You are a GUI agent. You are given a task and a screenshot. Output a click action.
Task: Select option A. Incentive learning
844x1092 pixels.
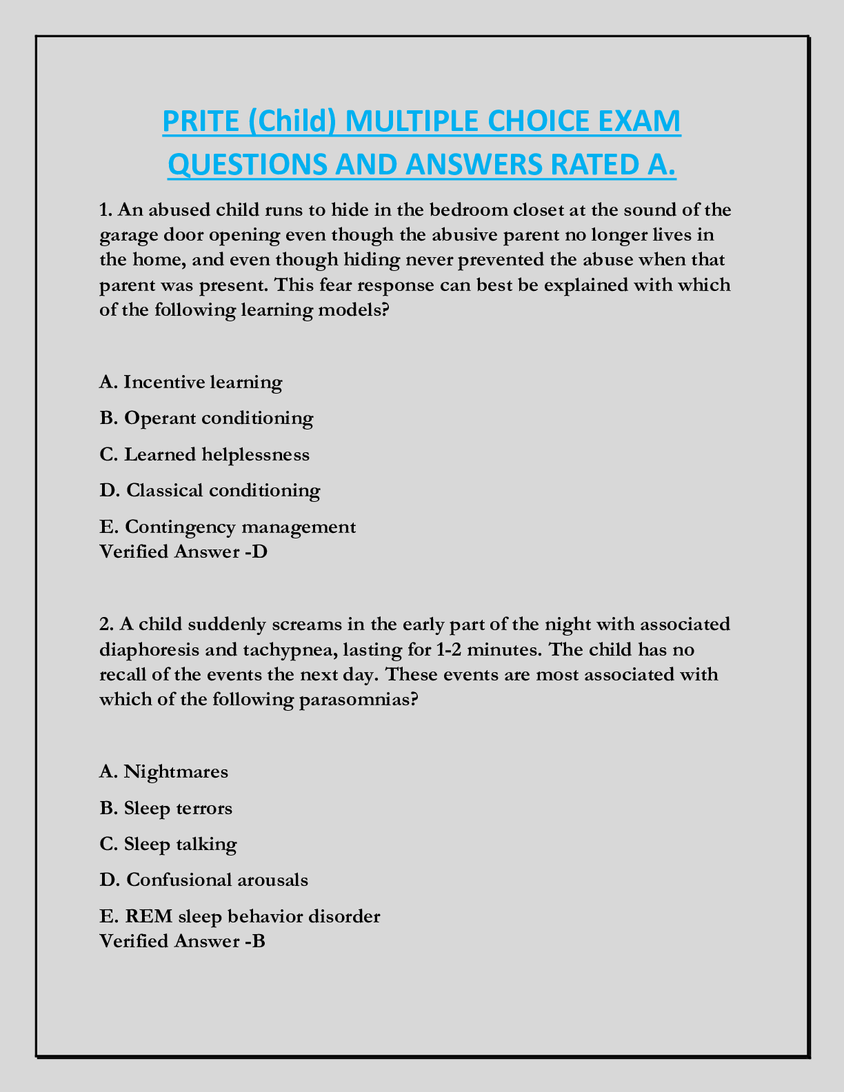click(x=191, y=382)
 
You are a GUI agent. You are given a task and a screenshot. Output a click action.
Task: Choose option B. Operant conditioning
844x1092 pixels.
click(x=206, y=418)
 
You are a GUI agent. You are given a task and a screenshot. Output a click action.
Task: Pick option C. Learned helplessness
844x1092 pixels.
click(x=205, y=454)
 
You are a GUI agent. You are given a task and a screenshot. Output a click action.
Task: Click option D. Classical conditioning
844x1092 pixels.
click(x=210, y=490)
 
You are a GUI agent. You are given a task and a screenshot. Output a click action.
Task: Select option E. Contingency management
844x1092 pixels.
click(x=228, y=527)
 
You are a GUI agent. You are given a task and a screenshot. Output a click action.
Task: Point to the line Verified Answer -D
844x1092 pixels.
click(x=183, y=552)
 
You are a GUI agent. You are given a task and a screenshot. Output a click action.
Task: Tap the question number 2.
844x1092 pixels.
click(x=105, y=625)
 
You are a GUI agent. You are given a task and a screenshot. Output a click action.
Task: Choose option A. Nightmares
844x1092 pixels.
click(x=163, y=771)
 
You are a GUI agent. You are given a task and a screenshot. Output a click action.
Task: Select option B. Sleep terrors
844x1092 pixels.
click(x=166, y=807)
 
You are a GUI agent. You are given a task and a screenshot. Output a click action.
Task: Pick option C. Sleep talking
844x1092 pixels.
click(x=168, y=844)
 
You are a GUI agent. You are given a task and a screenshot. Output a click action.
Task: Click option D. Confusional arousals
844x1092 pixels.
click(x=204, y=880)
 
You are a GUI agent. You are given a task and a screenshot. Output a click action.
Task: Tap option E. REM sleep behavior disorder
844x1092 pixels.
click(x=240, y=916)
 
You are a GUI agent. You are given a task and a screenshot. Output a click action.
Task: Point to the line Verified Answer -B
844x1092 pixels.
click(x=183, y=941)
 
